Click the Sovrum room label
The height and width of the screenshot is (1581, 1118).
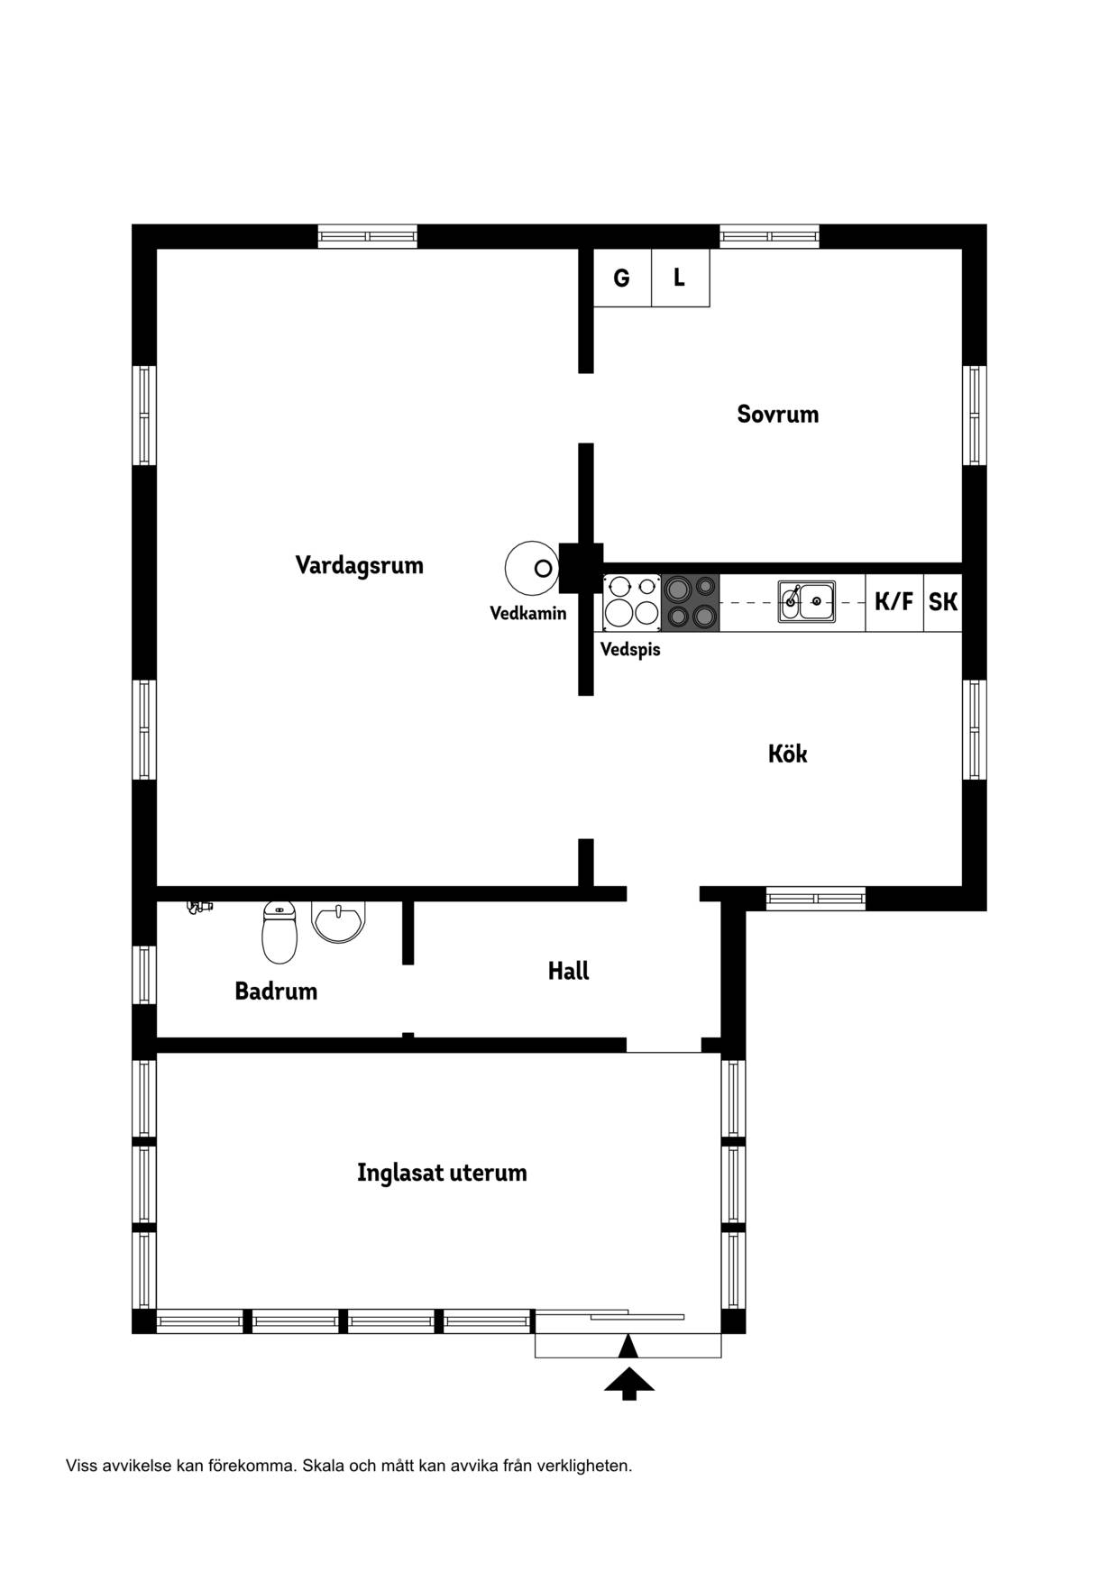tap(777, 414)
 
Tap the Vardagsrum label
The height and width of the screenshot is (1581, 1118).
tap(359, 565)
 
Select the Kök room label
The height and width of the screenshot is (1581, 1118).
tap(787, 753)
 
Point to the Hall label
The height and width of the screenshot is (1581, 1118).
tap(568, 971)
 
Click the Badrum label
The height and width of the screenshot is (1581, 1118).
tap(276, 991)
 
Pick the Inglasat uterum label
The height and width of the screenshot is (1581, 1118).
tap(442, 1173)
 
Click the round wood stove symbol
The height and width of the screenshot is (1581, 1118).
tap(531, 568)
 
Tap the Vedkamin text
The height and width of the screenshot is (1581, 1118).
tap(528, 613)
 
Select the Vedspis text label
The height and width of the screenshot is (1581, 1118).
tap(630, 649)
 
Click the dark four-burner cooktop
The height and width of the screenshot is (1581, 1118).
tap(691, 602)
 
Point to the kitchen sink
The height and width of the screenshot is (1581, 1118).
tap(807, 601)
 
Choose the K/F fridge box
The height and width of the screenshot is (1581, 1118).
tap(894, 601)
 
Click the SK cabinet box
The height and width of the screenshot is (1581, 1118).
tap(943, 601)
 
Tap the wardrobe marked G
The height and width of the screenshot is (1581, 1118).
tap(622, 278)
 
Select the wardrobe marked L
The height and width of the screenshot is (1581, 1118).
tap(681, 278)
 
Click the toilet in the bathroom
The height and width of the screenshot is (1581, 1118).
tap(279, 931)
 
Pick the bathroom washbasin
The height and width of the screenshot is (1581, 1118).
tap(338, 922)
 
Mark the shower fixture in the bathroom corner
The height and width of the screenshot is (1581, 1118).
tap(198, 906)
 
